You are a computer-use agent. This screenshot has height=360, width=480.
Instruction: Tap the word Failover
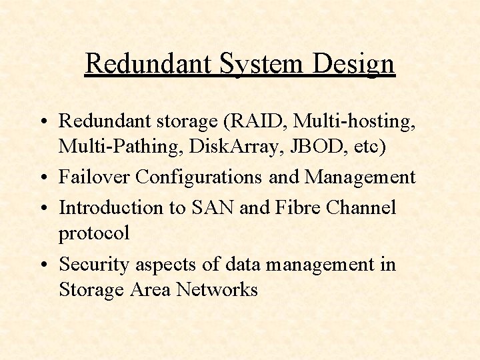94,177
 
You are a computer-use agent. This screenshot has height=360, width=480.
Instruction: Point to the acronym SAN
213,207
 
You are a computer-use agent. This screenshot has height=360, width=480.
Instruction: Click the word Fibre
297,207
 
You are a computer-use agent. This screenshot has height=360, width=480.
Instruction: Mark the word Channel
363,207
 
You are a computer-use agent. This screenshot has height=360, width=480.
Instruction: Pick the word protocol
94,234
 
